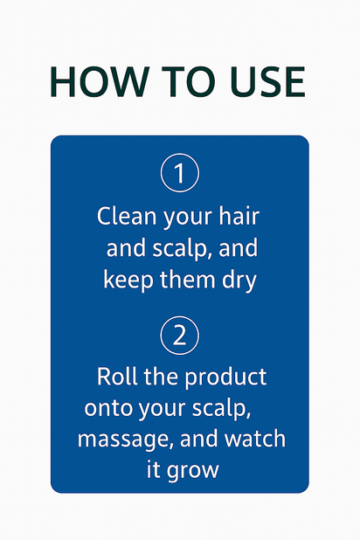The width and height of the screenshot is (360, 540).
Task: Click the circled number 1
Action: coord(180,173)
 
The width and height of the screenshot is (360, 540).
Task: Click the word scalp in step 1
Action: coord(183,249)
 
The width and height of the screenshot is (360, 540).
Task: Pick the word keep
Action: coord(125,280)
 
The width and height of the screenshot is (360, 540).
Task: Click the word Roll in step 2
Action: coord(115,377)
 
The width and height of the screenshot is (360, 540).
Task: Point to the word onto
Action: coord(106,409)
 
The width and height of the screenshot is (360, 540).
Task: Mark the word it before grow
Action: coord(153,468)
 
